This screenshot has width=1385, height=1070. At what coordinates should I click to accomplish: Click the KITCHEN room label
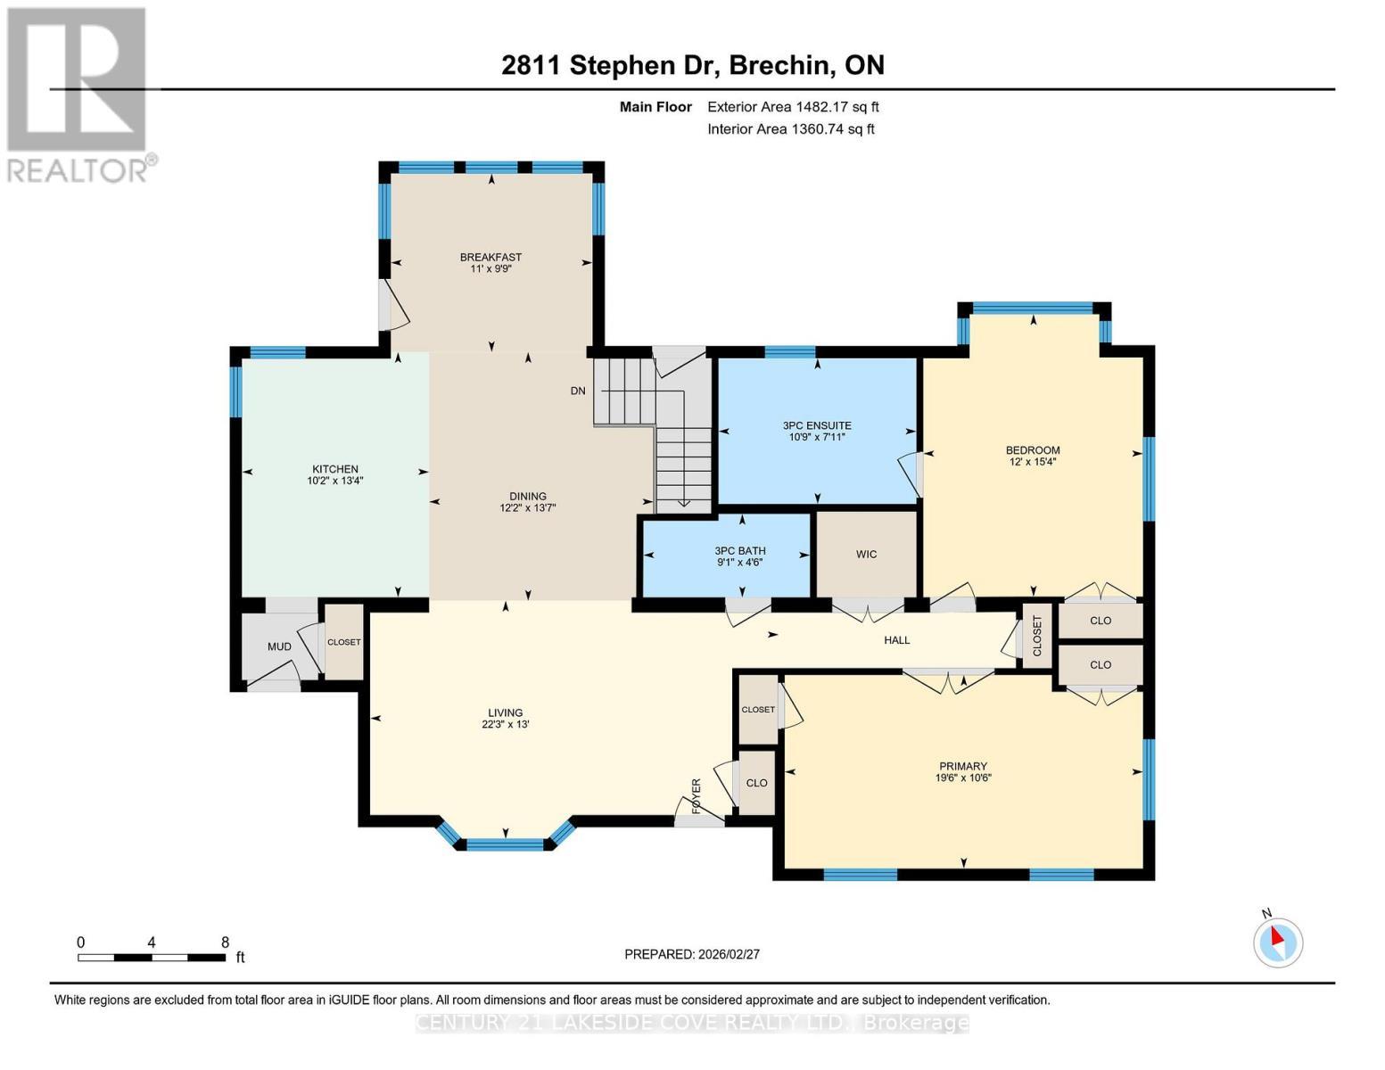pos(334,469)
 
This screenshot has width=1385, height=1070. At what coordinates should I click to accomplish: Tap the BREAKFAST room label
pos(491,258)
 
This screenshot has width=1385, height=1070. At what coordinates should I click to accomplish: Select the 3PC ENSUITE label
pos(817,425)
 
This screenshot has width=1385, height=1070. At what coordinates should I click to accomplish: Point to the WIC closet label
pos(866,555)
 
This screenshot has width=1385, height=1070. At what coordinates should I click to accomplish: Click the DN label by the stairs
pos(578,391)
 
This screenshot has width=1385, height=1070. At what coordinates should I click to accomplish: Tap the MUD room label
pos(279,646)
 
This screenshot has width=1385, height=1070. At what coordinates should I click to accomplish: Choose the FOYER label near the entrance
pos(697,795)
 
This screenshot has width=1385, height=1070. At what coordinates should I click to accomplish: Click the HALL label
pos(896,640)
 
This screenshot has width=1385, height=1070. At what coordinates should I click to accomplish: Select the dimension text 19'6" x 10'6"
pos(962,778)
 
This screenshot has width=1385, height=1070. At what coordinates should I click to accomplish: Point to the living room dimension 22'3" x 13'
pos(505,725)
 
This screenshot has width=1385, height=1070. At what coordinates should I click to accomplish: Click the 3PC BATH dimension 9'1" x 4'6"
pos(739,563)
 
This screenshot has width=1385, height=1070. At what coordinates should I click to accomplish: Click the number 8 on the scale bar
pos(225,942)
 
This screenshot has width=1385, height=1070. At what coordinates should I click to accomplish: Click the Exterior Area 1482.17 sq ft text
pos(793,107)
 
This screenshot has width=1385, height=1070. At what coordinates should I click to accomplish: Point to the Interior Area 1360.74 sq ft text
pos(790,129)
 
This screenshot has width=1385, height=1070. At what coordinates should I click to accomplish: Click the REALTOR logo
pos(78,94)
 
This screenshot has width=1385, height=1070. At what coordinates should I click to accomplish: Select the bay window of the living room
pos(506,843)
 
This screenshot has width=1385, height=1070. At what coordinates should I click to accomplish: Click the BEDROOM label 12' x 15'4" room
pos(1032,450)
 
